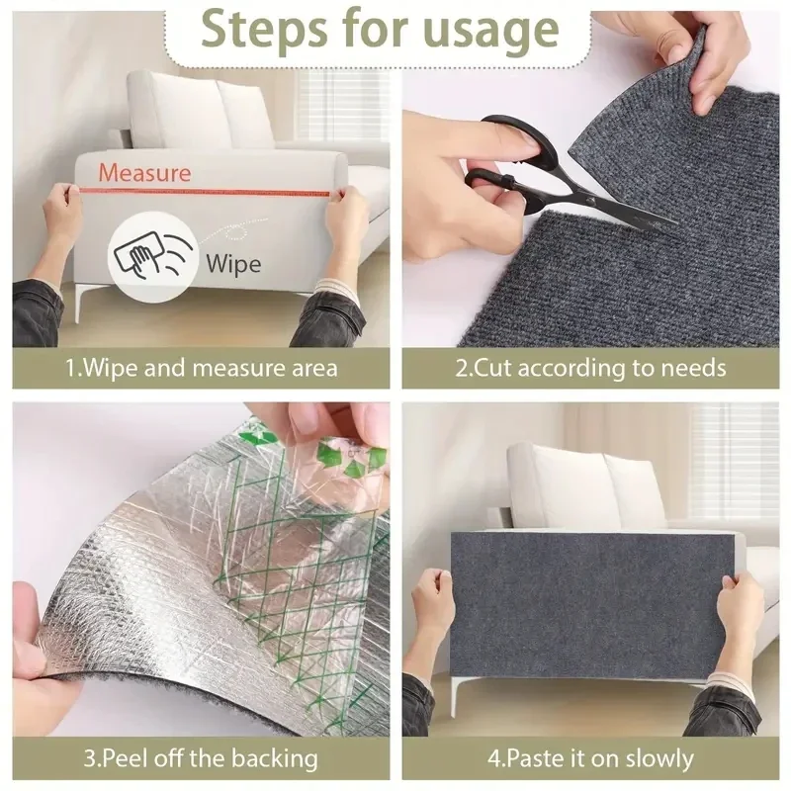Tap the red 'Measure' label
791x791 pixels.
144,173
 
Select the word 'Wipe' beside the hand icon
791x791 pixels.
233,263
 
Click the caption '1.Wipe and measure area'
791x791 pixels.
202,369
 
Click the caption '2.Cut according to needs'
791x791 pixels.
591,369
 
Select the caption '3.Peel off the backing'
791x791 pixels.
201,759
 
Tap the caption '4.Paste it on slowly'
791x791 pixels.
591,759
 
